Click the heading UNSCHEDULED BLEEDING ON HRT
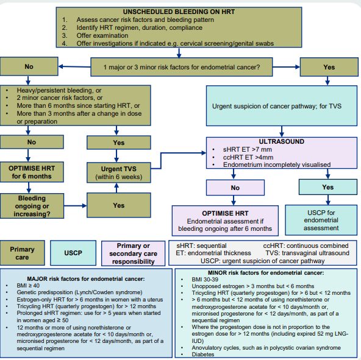coord(179,12)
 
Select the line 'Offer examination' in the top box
coord(102,35)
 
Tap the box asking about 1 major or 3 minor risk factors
coord(182,67)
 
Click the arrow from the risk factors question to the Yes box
coord(287,67)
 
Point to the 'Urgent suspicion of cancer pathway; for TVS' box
coord(282,106)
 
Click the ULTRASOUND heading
coord(281,141)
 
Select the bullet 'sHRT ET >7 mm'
coord(247,149)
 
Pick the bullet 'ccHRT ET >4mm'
coord(248,157)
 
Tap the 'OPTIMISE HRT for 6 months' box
coord(32,172)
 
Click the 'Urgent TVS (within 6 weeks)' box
coord(119,172)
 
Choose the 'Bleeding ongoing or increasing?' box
coord(32,206)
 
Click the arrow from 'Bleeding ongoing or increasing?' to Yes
coord(75,206)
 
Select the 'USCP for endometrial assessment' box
coord(321,220)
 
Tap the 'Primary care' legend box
coord(22,253)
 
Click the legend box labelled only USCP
coord(73,253)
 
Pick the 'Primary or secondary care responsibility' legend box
coord(134,253)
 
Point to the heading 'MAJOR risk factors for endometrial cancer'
coord(86,279)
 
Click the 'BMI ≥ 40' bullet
coord(28,286)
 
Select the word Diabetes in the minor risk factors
coord(203,355)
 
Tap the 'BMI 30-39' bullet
coord(205,279)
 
